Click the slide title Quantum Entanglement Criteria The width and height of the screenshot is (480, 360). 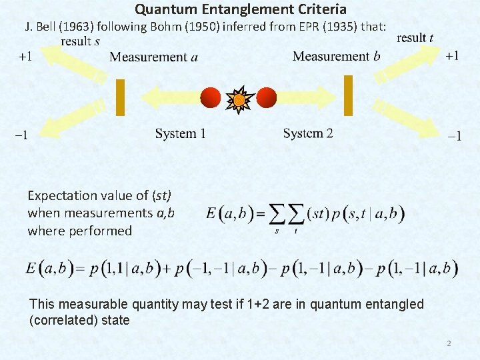pos(241,9)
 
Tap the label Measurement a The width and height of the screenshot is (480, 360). pos(153,57)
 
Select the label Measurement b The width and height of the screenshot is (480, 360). pos(337,56)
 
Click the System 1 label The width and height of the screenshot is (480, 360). pos(180,134)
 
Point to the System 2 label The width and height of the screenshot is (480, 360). pos(308,133)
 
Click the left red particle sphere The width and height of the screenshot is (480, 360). pos(211,97)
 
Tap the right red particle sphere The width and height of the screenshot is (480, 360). pos(267,97)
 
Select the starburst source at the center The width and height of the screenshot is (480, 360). pos(239,100)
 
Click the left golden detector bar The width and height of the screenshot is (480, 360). pos(121,98)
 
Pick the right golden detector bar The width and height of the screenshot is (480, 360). pos(348,95)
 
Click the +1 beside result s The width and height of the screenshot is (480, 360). pos(25,57)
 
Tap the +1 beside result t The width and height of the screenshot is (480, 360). pos(452,56)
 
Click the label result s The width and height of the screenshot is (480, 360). pos(80,41)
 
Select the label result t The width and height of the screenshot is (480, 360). pos(415,38)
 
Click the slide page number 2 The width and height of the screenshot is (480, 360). pos(449,343)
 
